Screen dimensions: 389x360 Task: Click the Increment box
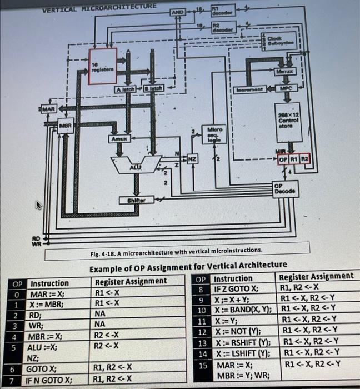tap(248, 89)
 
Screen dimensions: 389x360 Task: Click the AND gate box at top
tap(177, 12)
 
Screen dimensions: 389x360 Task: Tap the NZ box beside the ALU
tap(192, 158)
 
